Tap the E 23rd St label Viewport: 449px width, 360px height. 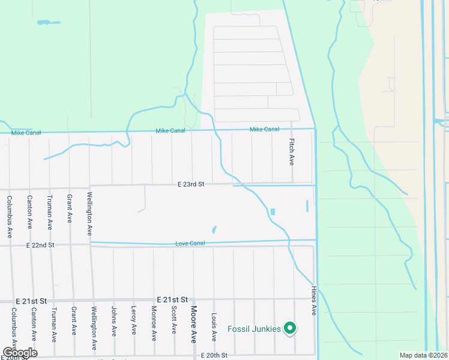point(191,185)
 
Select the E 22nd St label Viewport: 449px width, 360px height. point(40,245)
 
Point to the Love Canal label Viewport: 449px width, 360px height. point(190,244)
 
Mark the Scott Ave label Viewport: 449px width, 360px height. point(174,320)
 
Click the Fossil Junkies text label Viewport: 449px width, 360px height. point(255,329)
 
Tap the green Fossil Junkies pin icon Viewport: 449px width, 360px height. point(291,328)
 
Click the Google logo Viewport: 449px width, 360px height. point(19,353)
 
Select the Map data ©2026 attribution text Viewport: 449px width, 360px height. point(423,355)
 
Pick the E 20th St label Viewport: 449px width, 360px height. point(214,356)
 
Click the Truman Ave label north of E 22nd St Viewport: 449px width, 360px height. point(49,213)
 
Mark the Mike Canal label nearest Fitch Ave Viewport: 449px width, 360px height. point(264,130)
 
